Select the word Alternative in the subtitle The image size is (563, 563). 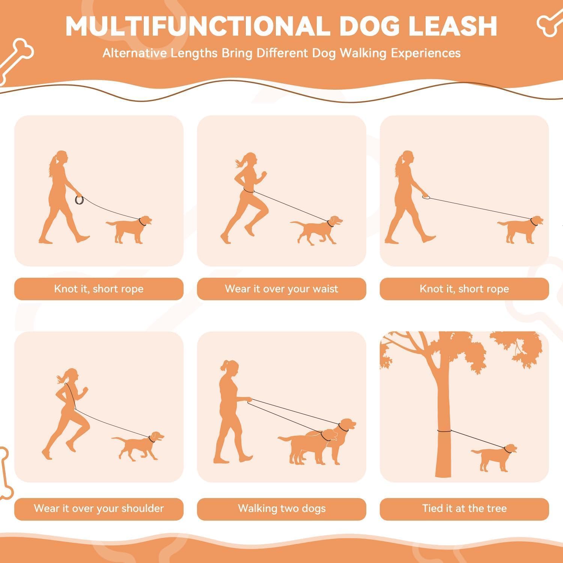pyautogui.click(x=135, y=53)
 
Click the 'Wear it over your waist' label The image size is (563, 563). pyautogui.click(x=281, y=289)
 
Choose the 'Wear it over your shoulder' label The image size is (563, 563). pyautogui.click(x=99, y=509)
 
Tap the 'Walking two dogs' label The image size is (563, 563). pyautogui.click(x=281, y=509)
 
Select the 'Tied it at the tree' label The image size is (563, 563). pyautogui.click(x=464, y=509)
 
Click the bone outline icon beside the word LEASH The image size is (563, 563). pyautogui.click(x=549, y=21)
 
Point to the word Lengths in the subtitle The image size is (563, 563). pyautogui.click(x=194, y=53)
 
